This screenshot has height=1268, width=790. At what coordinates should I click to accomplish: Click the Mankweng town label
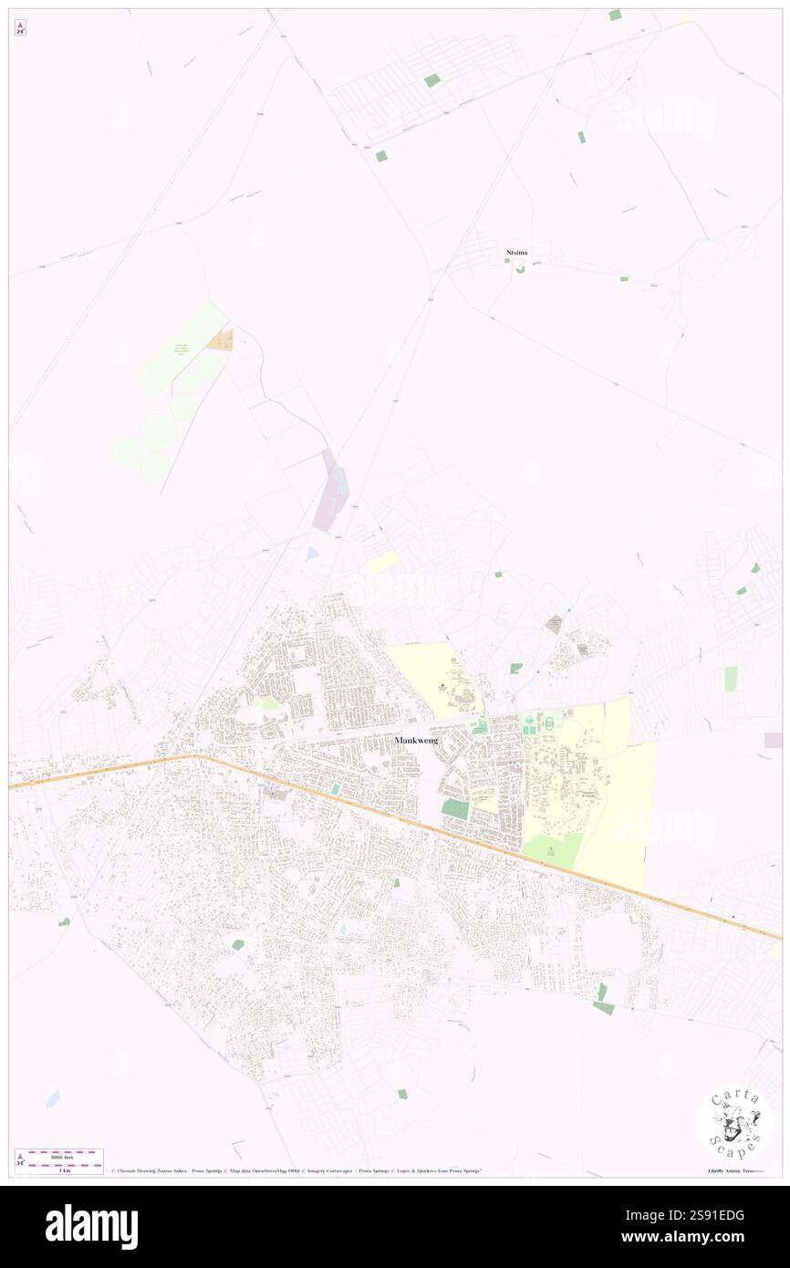[x=417, y=740]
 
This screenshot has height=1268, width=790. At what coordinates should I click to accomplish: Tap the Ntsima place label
[x=517, y=252]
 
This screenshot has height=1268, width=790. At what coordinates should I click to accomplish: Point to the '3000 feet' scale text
[x=60, y=1155]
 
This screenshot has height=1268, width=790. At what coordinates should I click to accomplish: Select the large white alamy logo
[x=91, y=1227]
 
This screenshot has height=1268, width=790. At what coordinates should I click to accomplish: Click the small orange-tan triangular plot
[x=221, y=341]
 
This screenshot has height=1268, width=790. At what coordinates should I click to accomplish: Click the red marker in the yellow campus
[x=443, y=685]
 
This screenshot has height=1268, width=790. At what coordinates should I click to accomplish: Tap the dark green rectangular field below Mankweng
[x=454, y=808]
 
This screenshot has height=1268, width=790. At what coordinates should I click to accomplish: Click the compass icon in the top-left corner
[x=20, y=29]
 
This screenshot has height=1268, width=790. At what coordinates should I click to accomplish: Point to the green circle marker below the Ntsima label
[x=520, y=268]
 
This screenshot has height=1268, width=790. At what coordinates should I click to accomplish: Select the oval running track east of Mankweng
[x=548, y=723]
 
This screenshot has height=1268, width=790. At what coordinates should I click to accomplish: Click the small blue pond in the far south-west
[x=53, y=1098]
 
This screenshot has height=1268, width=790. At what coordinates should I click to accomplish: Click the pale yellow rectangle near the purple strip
[x=383, y=562]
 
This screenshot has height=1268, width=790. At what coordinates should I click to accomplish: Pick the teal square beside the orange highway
[x=336, y=788]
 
